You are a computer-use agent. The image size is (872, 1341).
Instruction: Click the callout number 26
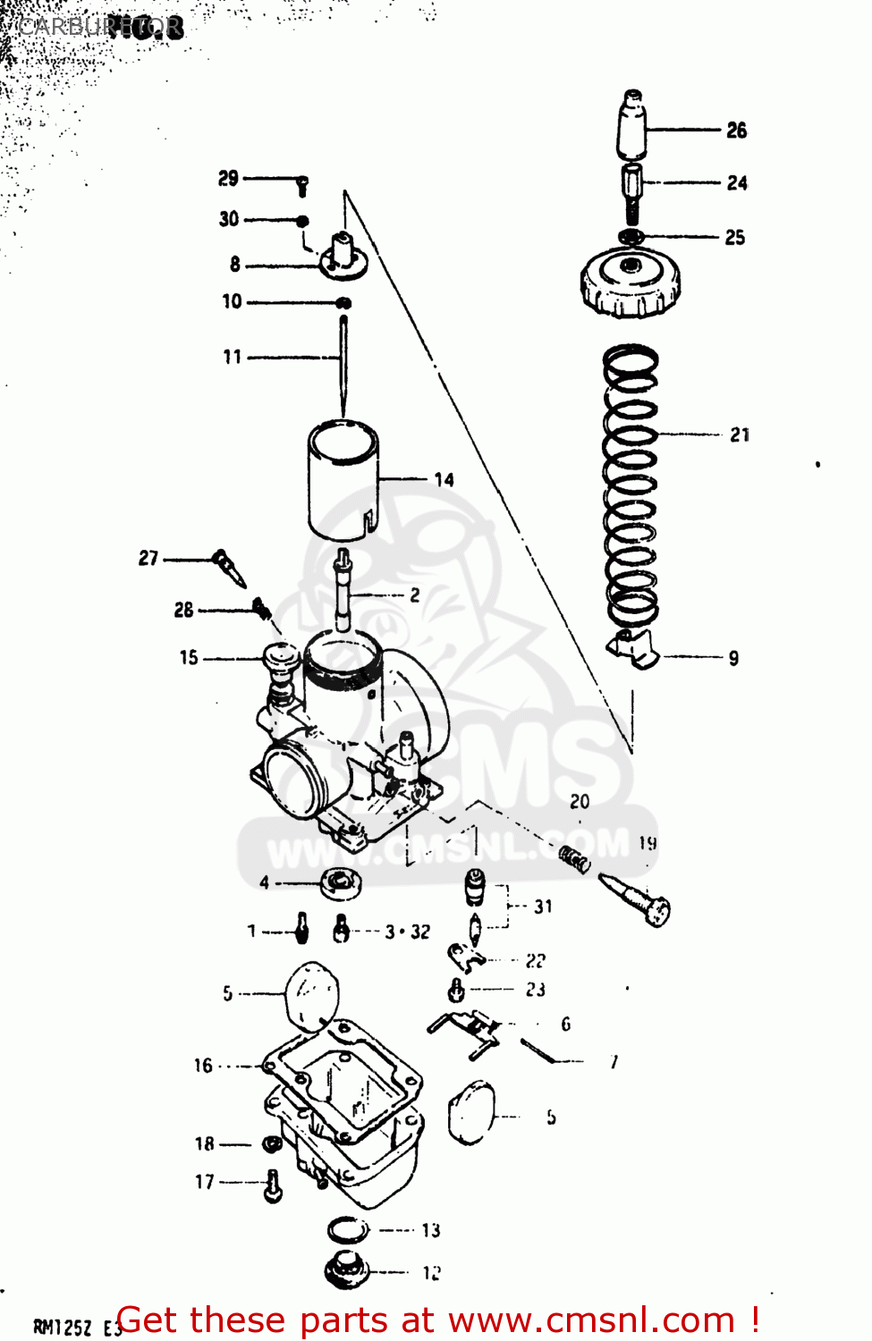pos(736,131)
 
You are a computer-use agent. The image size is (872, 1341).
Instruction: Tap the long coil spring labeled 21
pos(631,487)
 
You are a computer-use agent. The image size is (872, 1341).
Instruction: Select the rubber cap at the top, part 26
pos(632,124)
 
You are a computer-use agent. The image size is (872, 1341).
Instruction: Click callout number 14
pos(444,480)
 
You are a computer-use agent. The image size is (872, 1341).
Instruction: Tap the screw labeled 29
pos(302,185)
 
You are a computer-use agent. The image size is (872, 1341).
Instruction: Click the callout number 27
pos(148,559)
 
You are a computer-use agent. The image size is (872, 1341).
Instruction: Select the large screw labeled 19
pos(636,898)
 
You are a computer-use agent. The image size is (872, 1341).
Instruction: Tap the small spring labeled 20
pos(575,860)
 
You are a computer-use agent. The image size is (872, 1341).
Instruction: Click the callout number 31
pos(543,907)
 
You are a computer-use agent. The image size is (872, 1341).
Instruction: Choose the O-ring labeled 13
pos(347,1230)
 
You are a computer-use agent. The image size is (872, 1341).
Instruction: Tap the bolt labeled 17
pos(273,1186)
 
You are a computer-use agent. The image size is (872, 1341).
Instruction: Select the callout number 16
pos(203,1066)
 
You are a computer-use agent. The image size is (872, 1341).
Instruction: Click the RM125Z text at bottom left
pos(63,1327)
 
